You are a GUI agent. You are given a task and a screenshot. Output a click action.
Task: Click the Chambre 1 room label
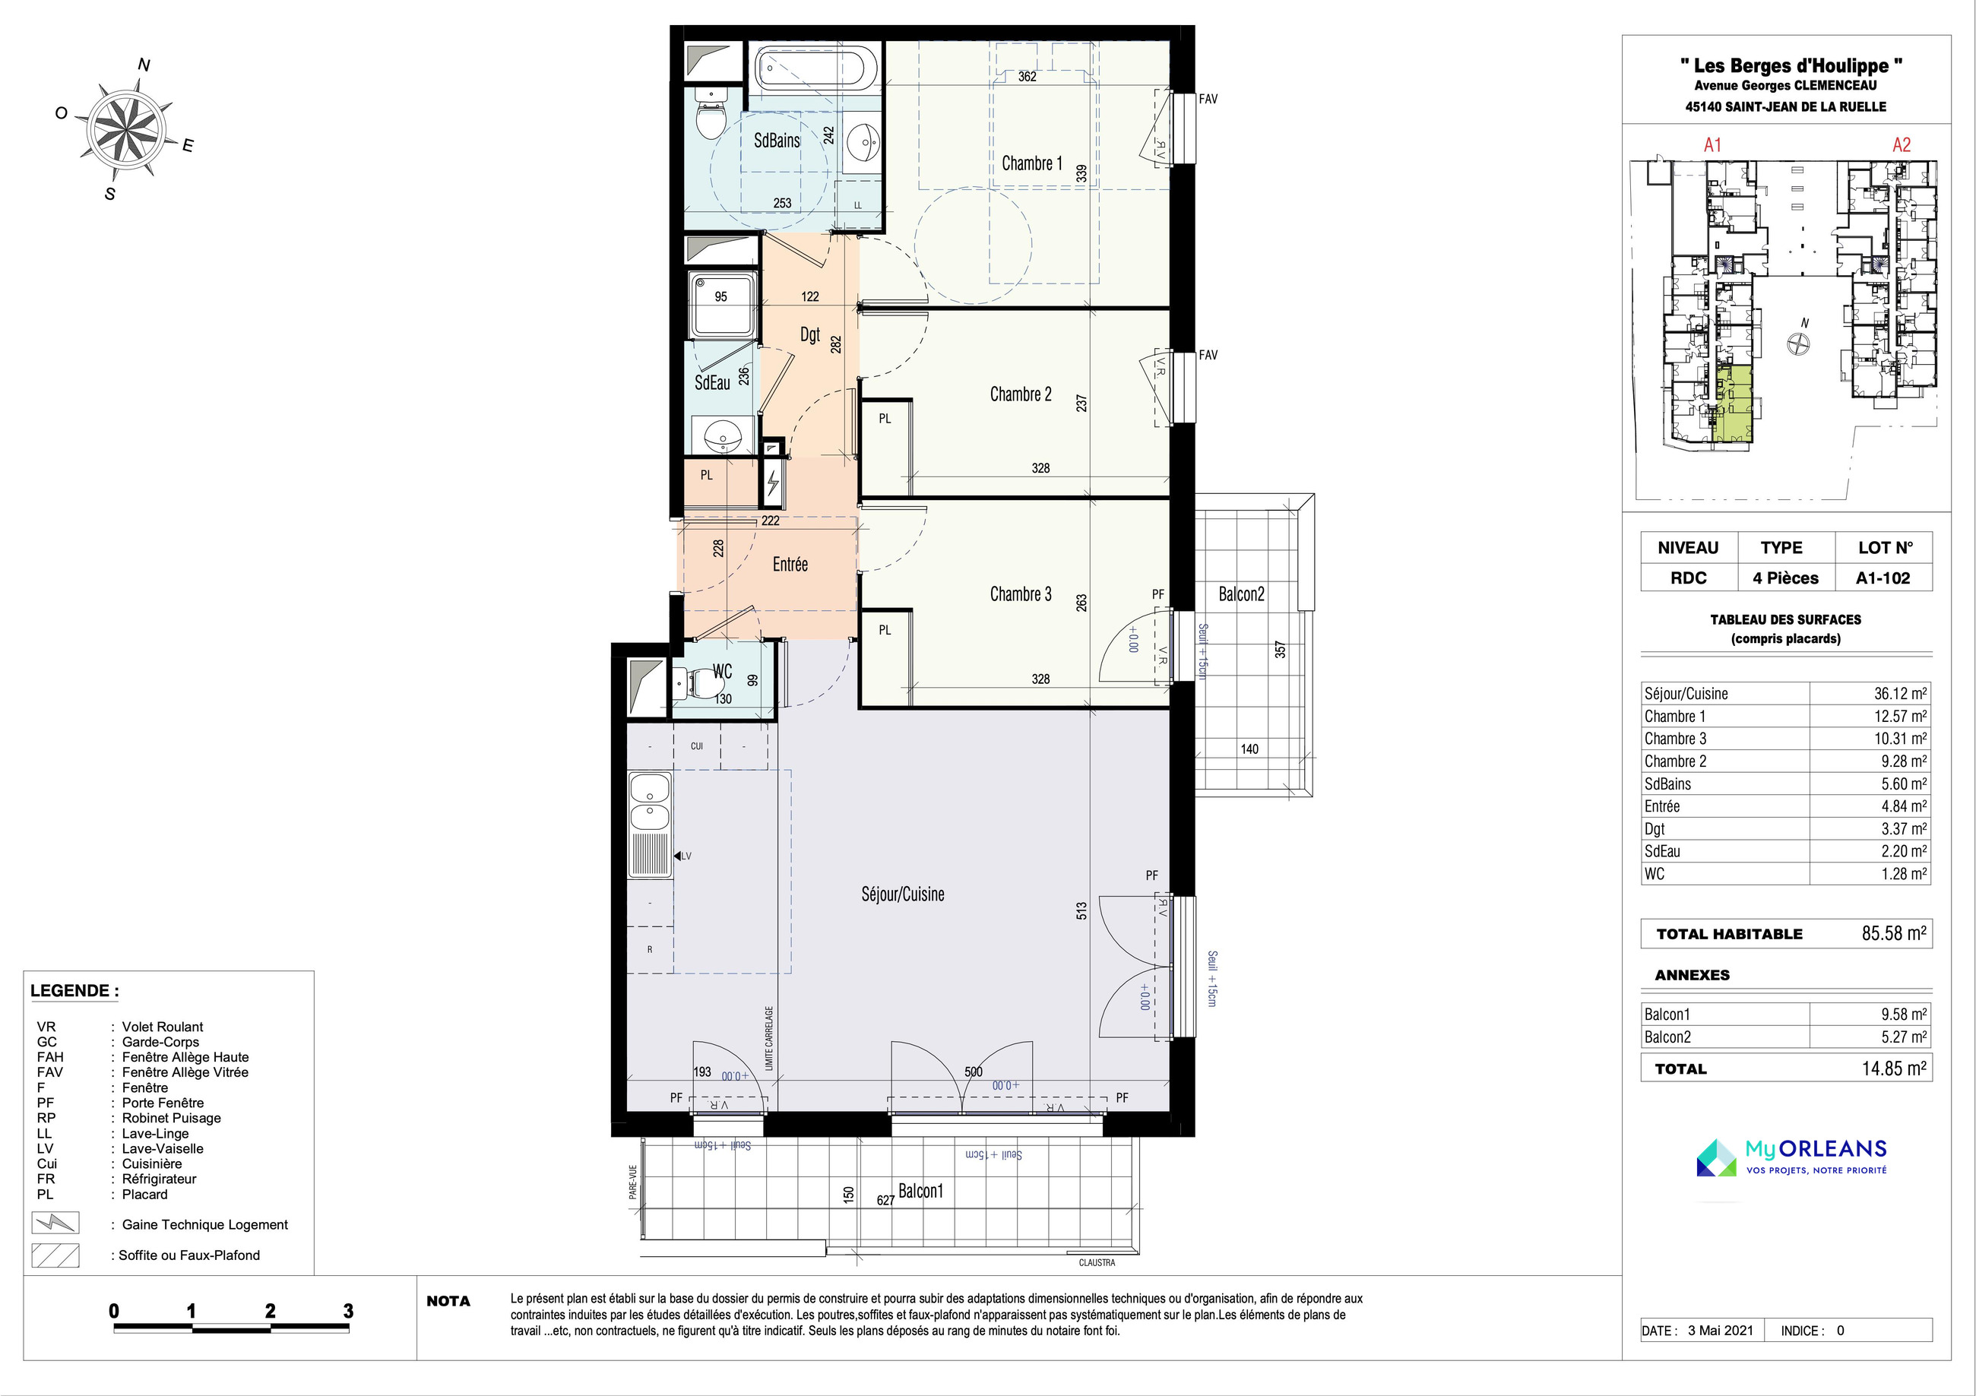pyautogui.click(x=1032, y=163)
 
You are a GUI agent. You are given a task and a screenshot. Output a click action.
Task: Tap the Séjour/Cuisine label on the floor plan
pyautogui.click(x=903, y=894)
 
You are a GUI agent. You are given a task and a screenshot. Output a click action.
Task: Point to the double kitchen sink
pyautogui.click(x=650, y=801)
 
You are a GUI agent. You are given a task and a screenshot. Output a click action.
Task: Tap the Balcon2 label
pyautogui.click(x=1241, y=594)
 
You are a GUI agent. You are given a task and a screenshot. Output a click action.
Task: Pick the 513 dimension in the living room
pyautogui.click(x=1081, y=910)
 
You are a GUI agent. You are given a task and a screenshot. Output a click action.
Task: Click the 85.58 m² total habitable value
pyautogui.click(x=1894, y=933)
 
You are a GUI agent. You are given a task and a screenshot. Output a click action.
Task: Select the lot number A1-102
pyautogui.click(x=1883, y=578)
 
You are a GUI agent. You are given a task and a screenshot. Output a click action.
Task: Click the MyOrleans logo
pyautogui.click(x=1792, y=1157)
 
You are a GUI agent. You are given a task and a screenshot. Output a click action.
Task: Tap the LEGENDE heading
pyautogui.click(x=75, y=991)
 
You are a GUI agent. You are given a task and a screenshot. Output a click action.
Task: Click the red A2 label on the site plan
pyautogui.click(x=1901, y=144)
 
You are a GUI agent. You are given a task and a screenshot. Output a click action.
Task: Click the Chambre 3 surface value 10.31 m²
pyautogui.click(x=1900, y=739)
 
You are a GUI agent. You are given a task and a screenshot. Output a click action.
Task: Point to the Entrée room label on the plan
pyautogui.click(x=790, y=564)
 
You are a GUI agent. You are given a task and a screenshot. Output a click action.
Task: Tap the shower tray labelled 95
pyautogui.click(x=723, y=305)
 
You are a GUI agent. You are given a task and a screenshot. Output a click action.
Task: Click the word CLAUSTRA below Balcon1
pyautogui.click(x=1097, y=1262)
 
